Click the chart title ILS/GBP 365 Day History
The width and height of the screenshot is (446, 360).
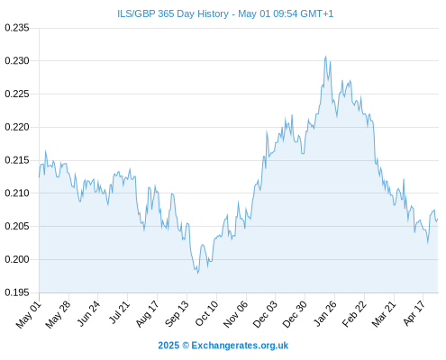coord(173,13)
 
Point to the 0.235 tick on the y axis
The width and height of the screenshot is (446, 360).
coord(17,28)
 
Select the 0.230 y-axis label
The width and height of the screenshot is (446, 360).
coord(17,61)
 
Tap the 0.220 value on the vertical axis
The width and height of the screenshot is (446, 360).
coord(17,127)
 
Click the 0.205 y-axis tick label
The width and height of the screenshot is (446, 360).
coord(17,226)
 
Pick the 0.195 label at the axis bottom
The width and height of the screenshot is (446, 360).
coord(17,292)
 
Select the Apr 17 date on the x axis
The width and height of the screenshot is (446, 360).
coord(414,313)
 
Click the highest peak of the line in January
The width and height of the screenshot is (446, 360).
coord(325,56)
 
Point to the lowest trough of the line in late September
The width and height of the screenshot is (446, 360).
coord(197,273)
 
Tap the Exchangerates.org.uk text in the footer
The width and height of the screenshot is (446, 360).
coord(240,346)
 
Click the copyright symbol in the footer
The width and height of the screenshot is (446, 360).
coord(186,346)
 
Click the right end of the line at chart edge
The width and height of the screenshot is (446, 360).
coord(438,219)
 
